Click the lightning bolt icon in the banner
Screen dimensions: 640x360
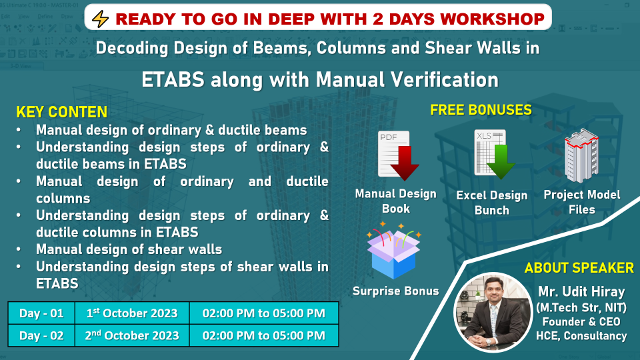click(x=100, y=19)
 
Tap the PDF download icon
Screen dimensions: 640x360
click(x=397, y=156)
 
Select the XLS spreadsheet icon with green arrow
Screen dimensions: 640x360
click(x=494, y=154)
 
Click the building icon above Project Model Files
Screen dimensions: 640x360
click(x=581, y=155)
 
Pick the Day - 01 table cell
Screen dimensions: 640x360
click(x=41, y=313)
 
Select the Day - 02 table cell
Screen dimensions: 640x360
click(x=41, y=335)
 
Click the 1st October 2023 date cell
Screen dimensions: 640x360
click(x=132, y=313)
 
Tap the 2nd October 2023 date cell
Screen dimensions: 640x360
click(x=132, y=335)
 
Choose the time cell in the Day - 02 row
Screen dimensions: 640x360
click(x=264, y=335)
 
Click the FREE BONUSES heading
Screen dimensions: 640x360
click(x=481, y=110)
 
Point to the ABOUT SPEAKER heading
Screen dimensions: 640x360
click(x=579, y=268)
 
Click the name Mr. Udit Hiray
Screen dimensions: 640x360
click(x=581, y=291)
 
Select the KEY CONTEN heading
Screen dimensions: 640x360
click(x=61, y=112)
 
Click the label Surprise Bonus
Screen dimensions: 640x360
click(x=395, y=291)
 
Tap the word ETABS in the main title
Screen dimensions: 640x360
click(x=173, y=79)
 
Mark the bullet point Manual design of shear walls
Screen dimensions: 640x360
click(x=129, y=249)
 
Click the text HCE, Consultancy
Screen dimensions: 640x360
click(x=581, y=336)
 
